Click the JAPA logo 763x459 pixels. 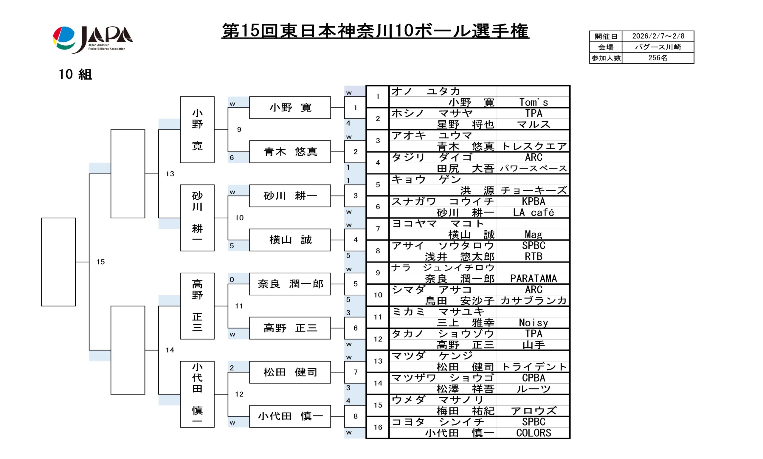click(93, 39)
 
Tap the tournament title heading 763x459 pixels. click(375, 31)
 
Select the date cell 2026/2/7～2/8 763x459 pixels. click(658, 36)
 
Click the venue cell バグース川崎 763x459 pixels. click(658, 47)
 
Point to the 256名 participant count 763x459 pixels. click(658, 58)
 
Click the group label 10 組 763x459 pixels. click(75, 75)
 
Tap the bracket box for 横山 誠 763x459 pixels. click(290, 240)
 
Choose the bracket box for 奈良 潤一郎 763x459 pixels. click(290, 284)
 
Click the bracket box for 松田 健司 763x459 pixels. click(290, 372)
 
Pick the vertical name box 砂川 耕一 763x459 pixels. click(197, 218)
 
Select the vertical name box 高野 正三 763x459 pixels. click(197, 306)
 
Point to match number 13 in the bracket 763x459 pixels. click(170, 174)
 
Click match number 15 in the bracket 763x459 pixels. click(100, 262)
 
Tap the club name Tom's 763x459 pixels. click(534, 102)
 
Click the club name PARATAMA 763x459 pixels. click(534, 279)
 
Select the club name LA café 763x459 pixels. click(534, 213)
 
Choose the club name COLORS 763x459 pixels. click(534, 433)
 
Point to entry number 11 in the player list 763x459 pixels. click(378, 317)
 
